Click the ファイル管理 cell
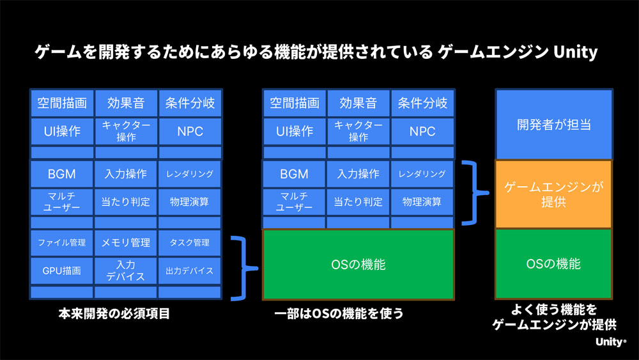pyautogui.click(x=62, y=242)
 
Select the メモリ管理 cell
pyautogui.click(x=125, y=242)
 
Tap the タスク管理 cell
pyautogui.click(x=190, y=242)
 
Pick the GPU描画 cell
pyautogui.click(x=62, y=270)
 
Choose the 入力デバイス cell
pyautogui.click(x=125, y=270)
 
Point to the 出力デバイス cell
pyautogui.click(x=190, y=270)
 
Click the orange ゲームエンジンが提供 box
pyautogui.click(x=554, y=194)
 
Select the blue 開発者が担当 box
pyautogui.click(x=554, y=124)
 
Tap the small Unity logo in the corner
pyautogui.click(x=611, y=341)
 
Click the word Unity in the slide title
pyautogui.click(x=576, y=52)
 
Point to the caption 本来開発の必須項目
pyautogui.click(x=114, y=313)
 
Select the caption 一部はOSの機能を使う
pyautogui.click(x=339, y=313)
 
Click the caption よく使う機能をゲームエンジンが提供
pyautogui.click(x=554, y=317)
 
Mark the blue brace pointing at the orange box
pyautogui.click(x=475, y=193)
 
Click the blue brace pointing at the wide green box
pyautogui.click(x=245, y=269)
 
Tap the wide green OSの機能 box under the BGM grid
pyautogui.click(x=358, y=265)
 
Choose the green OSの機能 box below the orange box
pyautogui.click(x=554, y=264)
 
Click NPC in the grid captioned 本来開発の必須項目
pyautogui.click(x=190, y=131)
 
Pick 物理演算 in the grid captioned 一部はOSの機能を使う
pyautogui.click(x=422, y=202)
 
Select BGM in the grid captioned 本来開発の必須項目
pyautogui.click(x=62, y=174)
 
